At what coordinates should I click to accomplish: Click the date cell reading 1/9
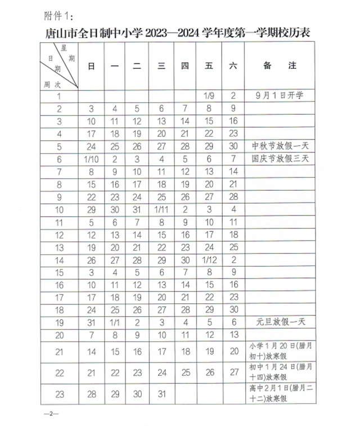pos(208,96)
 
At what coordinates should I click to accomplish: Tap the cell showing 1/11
pos(161,209)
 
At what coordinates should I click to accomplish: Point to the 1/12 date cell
pos(208,260)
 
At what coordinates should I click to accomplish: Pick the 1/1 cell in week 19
pos(115,323)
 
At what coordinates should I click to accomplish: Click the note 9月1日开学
pos(278,96)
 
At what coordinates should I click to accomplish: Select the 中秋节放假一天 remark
pos(278,146)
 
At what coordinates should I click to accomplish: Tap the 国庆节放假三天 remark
pos(278,159)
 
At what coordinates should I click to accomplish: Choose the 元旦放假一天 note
pos(278,323)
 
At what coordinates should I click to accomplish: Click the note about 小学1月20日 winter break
pos(278,352)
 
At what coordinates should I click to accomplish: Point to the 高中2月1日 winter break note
pos(278,393)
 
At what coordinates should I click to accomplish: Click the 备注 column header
pos(278,66)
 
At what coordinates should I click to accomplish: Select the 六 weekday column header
pos(232,66)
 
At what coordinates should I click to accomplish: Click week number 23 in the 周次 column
pos(59,393)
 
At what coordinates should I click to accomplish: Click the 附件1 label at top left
pos(57,12)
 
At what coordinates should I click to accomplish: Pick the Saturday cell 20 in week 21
pos(232,352)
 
